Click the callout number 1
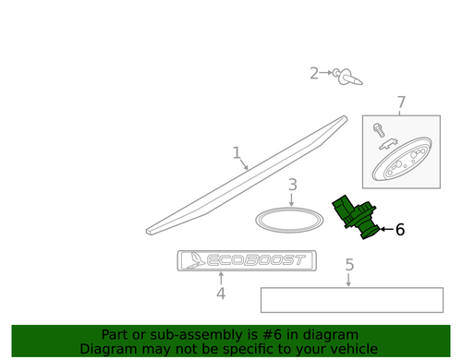[x=237, y=153]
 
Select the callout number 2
[x=314, y=73]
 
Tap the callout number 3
[x=292, y=186]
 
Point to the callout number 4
[x=221, y=294]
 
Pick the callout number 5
[x=349, y=265]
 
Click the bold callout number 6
[x=400, y=230]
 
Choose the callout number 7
[x=401, y=102]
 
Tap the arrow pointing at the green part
[x=385, y=229]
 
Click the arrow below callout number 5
[x=349, y=281]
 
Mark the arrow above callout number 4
[x=221, y=279]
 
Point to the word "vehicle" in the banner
[x=354, y=349]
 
